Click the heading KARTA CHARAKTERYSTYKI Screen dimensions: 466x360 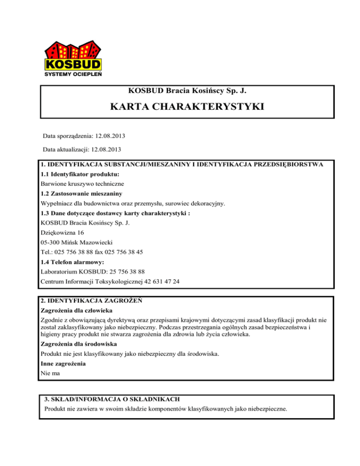pyautogui.click(x=187, y=107)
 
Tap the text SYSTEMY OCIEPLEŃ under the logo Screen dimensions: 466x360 pyautogui.click(x=74, y=74)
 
